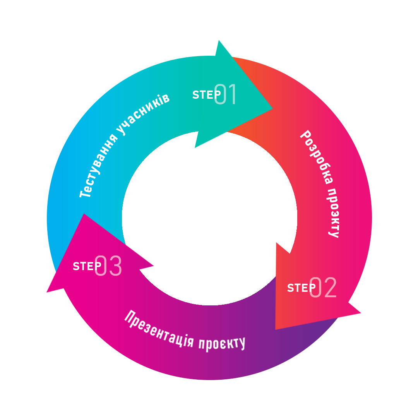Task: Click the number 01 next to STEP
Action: (x=225, y=94)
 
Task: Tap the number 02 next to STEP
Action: (x=323, y=288)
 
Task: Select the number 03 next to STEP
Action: (x=108, y=266)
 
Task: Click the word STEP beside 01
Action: (x=206, y=95)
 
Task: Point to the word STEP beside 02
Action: (x=301, y=288)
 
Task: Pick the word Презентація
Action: (x=158, y=329)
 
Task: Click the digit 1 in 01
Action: (x=232, y=94)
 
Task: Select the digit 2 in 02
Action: (x=330, y=288)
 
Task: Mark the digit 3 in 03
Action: (x=115, y=266)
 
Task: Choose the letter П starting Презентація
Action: (x=130, y=316)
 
